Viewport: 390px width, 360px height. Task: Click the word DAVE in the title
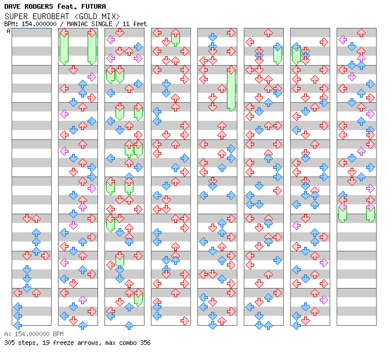click(12, 6)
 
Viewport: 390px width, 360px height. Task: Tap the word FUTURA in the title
click(94, 6)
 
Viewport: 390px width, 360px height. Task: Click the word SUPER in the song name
click(16, 16)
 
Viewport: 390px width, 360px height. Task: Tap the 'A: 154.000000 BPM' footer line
click(34, 334)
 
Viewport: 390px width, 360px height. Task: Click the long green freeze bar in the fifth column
click(231, 89)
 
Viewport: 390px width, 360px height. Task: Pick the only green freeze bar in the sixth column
click(277, 55)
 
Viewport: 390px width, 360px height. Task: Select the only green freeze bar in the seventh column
click(296, 55)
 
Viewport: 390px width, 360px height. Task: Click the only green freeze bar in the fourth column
click(175, 39)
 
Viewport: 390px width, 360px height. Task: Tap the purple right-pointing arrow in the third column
click(138, 59)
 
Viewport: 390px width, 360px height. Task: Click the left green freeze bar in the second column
click(64, 48)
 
